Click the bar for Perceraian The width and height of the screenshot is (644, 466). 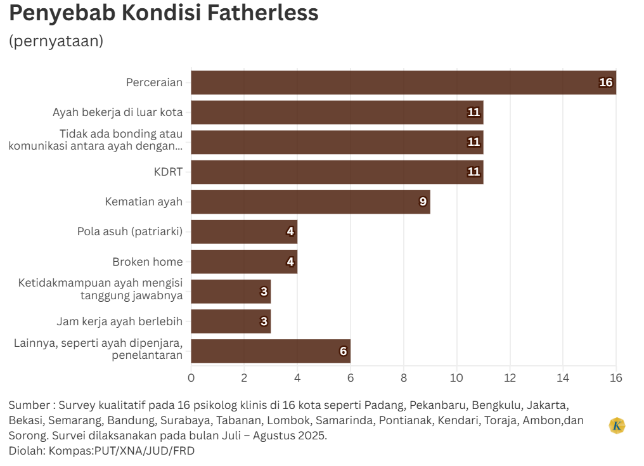click(403, 82)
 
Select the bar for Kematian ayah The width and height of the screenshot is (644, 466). click(311, 202)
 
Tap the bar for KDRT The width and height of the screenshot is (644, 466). click(337, 172)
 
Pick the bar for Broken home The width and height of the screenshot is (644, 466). click(244, 261)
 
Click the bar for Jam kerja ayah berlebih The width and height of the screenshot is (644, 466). click(231, 321)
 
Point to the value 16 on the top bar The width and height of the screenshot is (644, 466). click(606, 82)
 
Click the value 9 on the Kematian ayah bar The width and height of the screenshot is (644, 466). click(423, 202)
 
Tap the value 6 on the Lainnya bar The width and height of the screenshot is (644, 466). click(343, 351)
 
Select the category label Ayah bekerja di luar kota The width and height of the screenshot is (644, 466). click(117, 112)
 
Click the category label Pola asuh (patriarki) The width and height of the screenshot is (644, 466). click(129, 231)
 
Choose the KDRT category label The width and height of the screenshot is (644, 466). click(168, 172)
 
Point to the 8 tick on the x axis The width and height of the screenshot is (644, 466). click(404, 378)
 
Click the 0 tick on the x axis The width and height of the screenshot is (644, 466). click(191, 378)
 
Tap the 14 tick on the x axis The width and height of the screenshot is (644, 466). click(563, 378)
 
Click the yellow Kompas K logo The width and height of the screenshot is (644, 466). click(617, 425)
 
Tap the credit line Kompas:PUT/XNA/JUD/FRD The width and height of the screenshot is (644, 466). click(122, 451)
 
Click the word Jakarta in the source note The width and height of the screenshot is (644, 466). click(549, 405)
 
